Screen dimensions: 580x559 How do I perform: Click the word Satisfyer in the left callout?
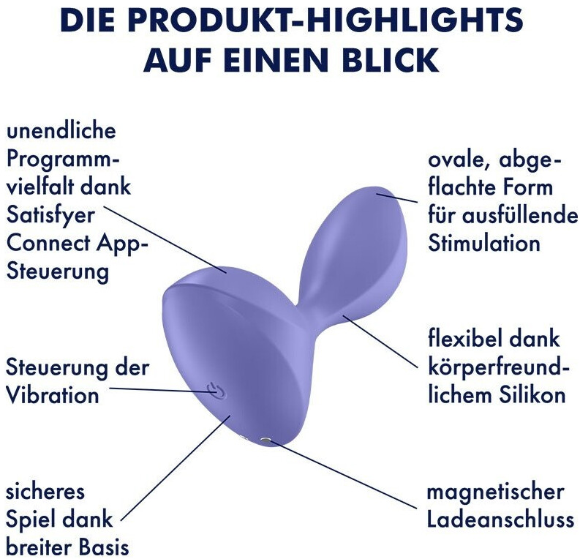(50, 216)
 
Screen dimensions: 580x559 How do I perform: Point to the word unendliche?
(61, 130)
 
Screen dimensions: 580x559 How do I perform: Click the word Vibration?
(53, 395)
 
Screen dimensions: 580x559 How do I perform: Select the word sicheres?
(45, 492)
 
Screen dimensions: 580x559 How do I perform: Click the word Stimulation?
(484, 244)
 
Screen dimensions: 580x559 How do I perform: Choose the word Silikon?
(532, 395)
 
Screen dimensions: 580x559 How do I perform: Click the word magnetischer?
(496, 492)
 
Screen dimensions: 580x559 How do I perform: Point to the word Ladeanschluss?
(500, 519)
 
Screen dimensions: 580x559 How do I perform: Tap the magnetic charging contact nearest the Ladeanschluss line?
(265, 440)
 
